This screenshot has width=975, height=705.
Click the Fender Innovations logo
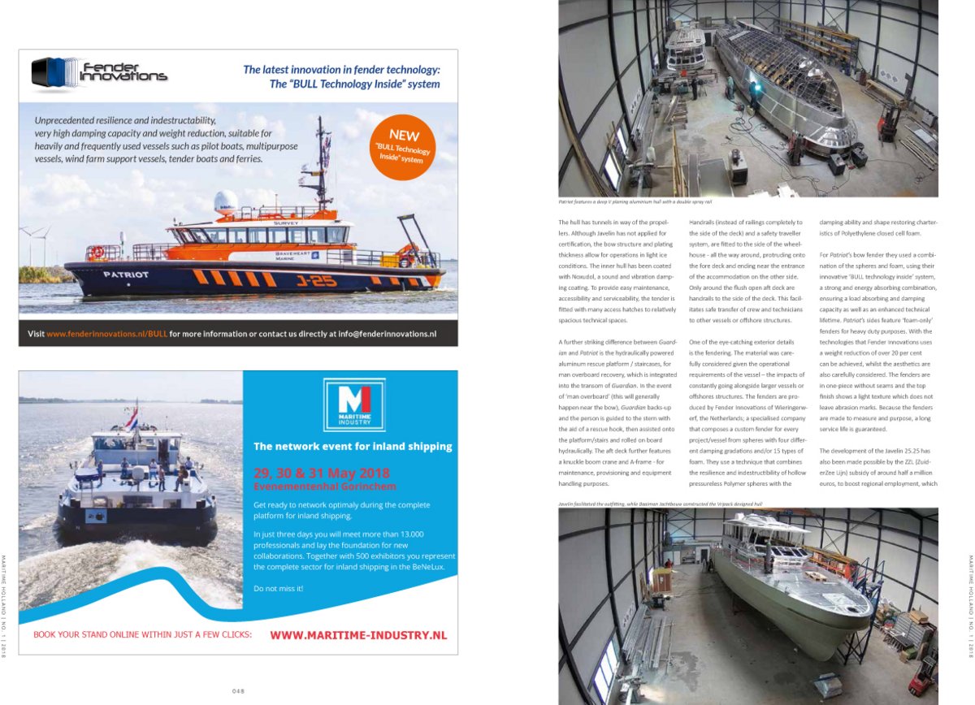click(99, 72)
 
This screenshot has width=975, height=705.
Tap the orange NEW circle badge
click(403, 147)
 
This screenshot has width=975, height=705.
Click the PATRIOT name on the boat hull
click(125, 275)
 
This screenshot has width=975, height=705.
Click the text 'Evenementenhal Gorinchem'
click(314, 487)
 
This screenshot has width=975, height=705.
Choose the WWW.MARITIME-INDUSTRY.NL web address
click(357, 635)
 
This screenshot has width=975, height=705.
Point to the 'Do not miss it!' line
click(278, 587)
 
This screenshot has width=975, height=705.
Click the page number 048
click(238, 691)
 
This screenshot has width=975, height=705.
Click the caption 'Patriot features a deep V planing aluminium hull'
click(635, 201)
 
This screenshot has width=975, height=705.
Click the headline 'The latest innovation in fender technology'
click(341, 69)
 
